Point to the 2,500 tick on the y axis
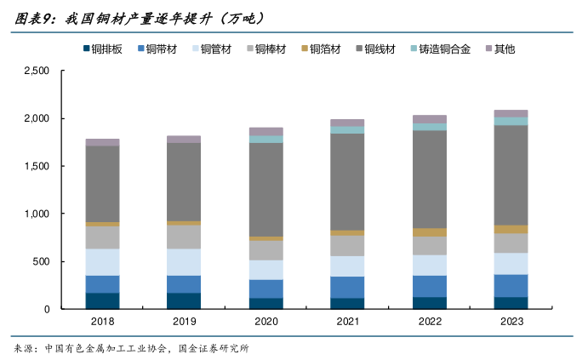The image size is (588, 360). pyautogui.click(x=37, y=71)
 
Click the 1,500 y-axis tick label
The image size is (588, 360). pyautogui.click(x=37, y=167)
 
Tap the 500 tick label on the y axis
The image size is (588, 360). pyautogui.click(x=43, y=262)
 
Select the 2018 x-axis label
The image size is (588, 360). pyautogui.click(x=103, y=322)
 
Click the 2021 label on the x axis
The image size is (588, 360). pyautogui.click(x=347, y=322)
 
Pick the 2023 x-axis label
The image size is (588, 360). pyautogui.click(x=511, y=322)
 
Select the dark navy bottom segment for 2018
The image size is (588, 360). pyautogui.click(x=103, y=300)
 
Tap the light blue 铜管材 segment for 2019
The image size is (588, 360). pyautogui.click(x=184, y=262)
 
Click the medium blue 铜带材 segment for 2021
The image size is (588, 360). pyautogui.click(x=347, y=287)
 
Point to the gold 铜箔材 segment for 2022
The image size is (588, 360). pyautogui.click(x=429, y=231)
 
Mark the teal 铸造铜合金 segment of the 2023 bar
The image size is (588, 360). pyautogui.click(x=511, y=121)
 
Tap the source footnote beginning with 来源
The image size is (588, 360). pyautogui.click(x=132, y=348)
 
